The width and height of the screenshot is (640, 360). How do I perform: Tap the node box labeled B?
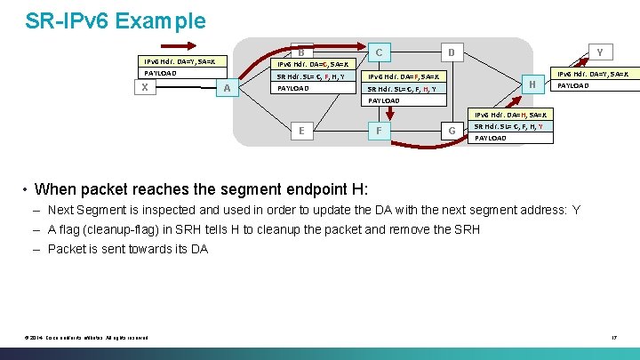pos(301,52)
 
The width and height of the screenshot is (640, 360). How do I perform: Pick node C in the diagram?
pos(379,52)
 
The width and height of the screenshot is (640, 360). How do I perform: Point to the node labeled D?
pos(451,52)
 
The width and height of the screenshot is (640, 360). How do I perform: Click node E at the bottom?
pos(302,130)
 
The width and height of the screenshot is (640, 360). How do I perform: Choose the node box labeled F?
pos(379,130)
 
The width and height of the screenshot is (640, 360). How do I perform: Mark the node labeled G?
pos(452,131)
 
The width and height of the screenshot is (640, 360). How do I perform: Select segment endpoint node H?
pos(532,84)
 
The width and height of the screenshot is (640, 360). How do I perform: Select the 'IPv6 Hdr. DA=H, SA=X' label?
pos(511,115)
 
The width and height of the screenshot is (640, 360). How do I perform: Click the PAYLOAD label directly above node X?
pos(160,73)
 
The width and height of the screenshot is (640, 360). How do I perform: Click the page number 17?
pos(613,336)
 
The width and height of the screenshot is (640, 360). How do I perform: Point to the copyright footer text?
pos(86,336)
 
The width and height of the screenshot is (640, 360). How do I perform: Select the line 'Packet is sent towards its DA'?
pos(128,249)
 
